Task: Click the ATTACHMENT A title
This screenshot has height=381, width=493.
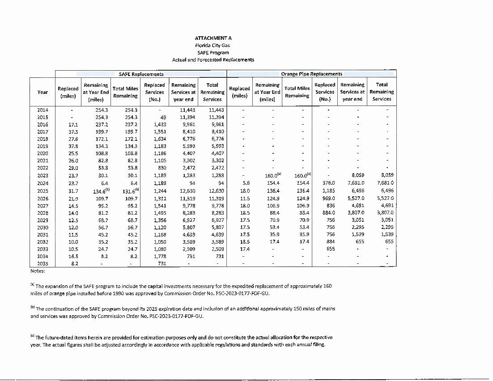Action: pyautogui.click(x=213, y=38)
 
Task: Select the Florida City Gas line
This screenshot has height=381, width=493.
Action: pyautogui.click(x=213, y=46)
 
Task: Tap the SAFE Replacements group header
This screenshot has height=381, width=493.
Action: pyautogui.click(x=141, y=74)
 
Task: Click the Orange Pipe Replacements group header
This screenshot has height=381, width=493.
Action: pyautogui.click(x=311, y=74)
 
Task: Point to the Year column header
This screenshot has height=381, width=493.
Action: pyautogui.click(x=42, y=92)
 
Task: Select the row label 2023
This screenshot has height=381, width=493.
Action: pyautogui.click(x=42, y=176)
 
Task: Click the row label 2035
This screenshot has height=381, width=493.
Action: pyautogui.click(x=42, y=264)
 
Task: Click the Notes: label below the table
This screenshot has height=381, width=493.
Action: pyautogui.click(x=38, y=271)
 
